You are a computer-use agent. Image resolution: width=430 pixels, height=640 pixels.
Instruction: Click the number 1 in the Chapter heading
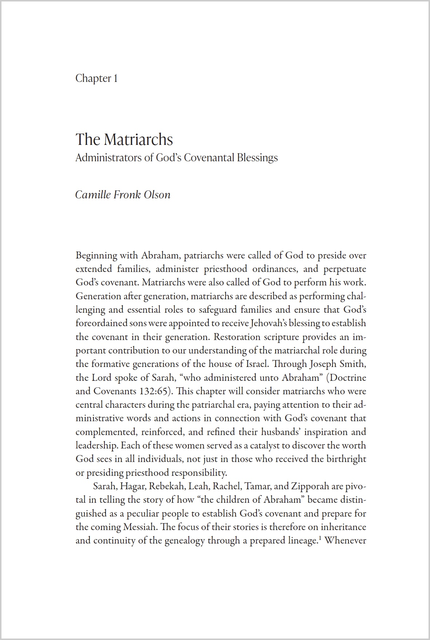[116, 79]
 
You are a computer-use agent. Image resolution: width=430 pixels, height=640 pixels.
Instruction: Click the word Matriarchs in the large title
[138, 139]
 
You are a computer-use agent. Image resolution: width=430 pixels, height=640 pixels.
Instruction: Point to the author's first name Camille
[93, 194]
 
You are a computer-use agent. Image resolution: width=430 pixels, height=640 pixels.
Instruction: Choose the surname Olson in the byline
[157, 194]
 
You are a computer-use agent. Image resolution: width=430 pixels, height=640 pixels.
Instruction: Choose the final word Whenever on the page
[345, 541]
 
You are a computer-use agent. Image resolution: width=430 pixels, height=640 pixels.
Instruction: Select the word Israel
[256, 364]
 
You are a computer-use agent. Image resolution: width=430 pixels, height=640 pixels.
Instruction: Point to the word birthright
[345, 459]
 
